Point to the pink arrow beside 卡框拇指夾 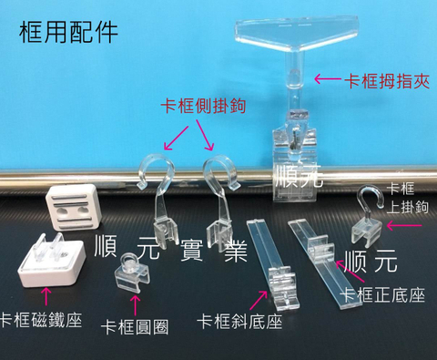pyautogui.click(x=324, y=80)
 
